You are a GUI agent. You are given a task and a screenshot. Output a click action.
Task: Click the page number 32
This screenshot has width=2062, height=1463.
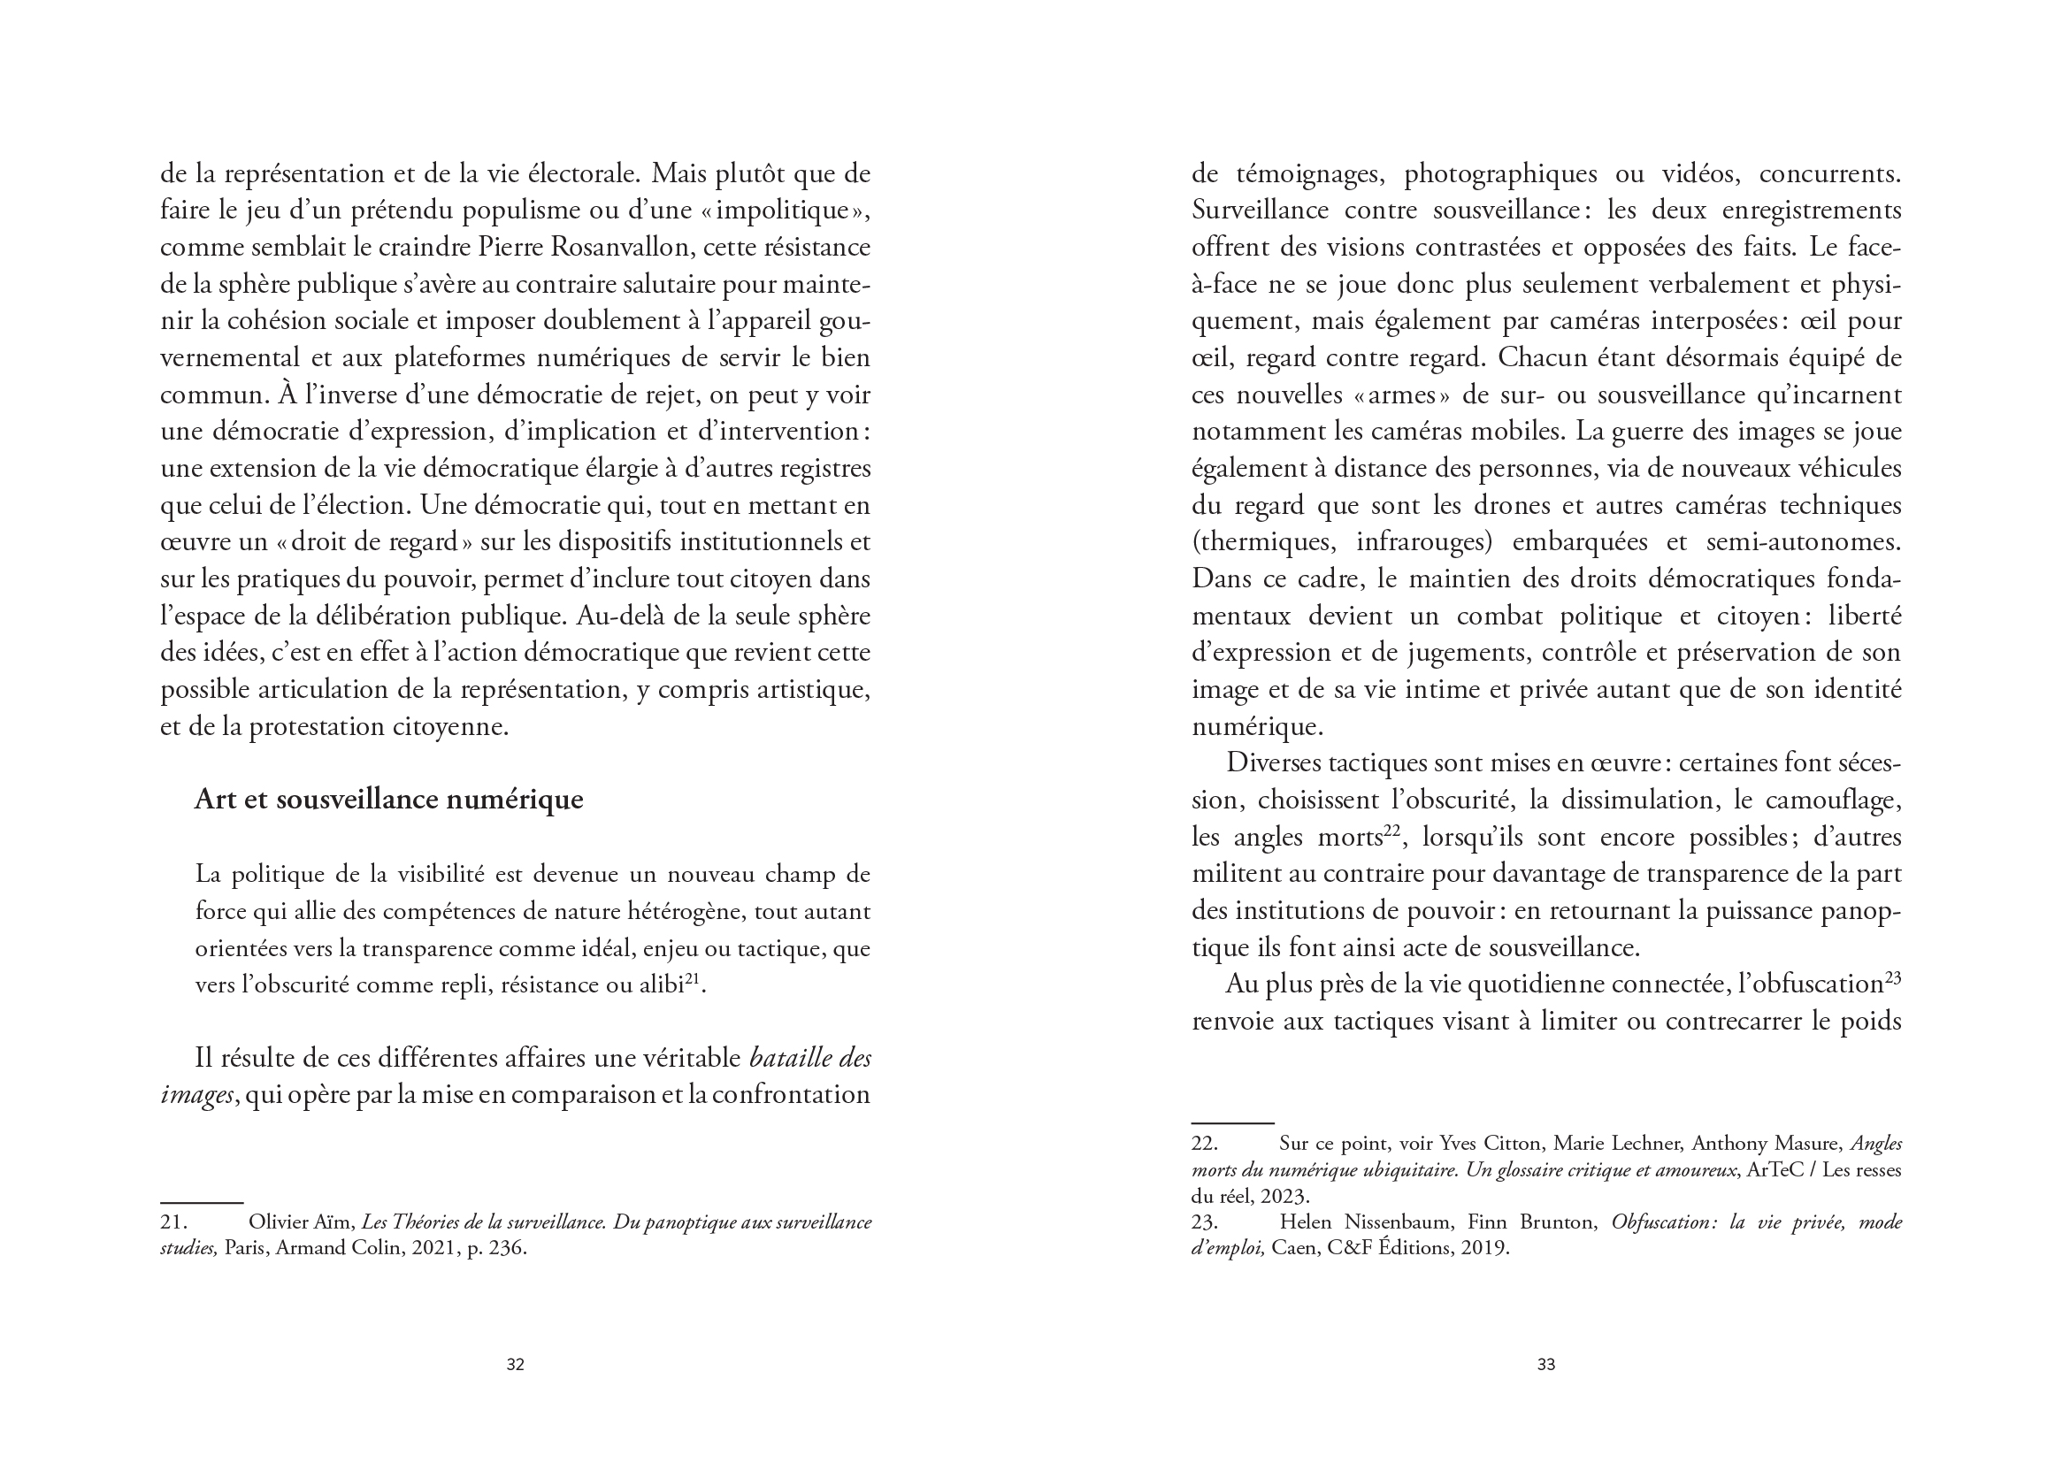pyautogui.click(x=514, y=1364)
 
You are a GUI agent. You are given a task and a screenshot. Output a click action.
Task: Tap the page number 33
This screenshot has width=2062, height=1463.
pyautogui.click(x=1545, y=1364)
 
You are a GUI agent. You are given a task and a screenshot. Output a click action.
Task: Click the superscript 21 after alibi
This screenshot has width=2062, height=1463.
pyautogui.click(x=693, y=978)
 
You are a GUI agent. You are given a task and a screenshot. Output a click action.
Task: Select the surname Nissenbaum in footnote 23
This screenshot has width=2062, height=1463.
pyautogui.click(x=1399, y=1222)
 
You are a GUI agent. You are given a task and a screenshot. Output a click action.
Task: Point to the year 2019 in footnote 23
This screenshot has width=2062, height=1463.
pyautogui.click(x=1483, y=1249)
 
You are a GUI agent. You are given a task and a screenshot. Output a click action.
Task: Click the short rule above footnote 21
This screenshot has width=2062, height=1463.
pyautogui.click(x=202, y=1203)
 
